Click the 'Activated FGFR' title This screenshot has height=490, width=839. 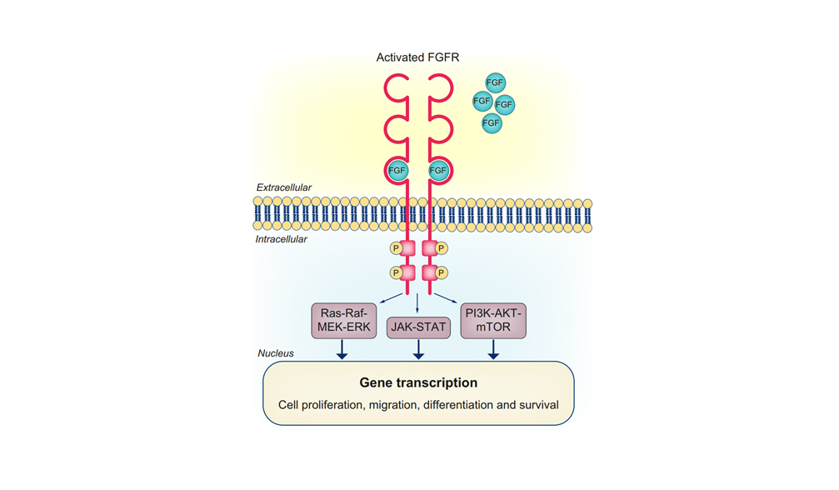click(417, 57)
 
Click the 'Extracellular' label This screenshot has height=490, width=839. click(284, 188)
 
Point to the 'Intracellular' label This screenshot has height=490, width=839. click(282, 240)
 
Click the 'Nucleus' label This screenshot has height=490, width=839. click(275, 353)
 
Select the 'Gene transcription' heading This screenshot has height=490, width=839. click(418, 383)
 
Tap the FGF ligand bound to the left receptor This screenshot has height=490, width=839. click(397, 171)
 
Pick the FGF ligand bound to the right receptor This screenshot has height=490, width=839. click(438, 171)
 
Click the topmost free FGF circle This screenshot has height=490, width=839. click(495, 82)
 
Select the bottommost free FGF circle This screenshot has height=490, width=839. click(492, 123)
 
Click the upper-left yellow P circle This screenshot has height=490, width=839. click(396, 248)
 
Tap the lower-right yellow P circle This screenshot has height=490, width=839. click(442, 272)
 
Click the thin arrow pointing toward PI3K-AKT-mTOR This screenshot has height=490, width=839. click(447, 298)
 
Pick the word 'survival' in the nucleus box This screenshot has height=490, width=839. click(537, 406)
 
